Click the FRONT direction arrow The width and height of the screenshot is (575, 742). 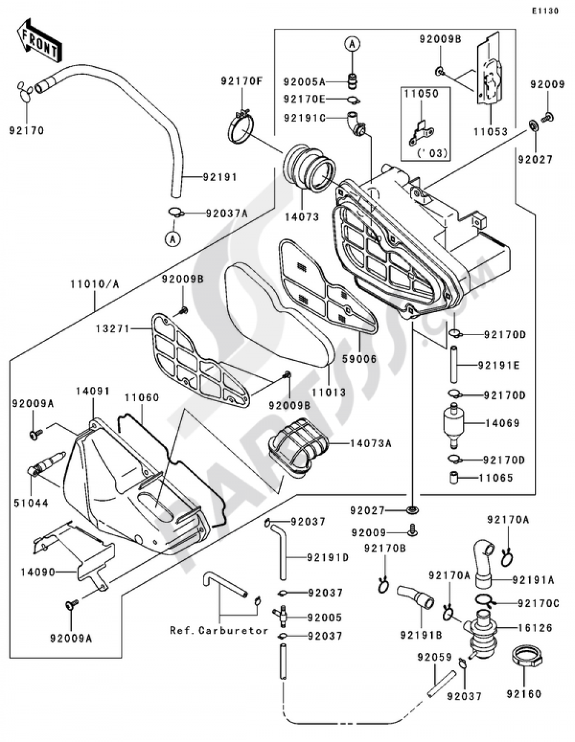pyautogui.click(x=39, y=40)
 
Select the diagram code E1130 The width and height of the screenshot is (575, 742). pyautogui.click(x=545, y=11)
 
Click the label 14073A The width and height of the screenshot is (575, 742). pyautogui.click(x=370, y=444)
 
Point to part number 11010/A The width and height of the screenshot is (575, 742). pyautogui.click(x=94, y=284)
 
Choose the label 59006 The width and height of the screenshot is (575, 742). pyautogui.click(x=360, y=359)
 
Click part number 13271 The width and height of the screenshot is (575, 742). pyautogui.click(x=113, y=329)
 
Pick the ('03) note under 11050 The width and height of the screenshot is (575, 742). pyautogui.click(x=432, y=153)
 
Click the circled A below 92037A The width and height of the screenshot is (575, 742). pyautogui.click(x=172, y=240)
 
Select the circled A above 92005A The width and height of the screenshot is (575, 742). pyautogui.click(x=353, y=44)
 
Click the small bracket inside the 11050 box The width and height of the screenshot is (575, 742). pyautogui.click(x=421, y=133)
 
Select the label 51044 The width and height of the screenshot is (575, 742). pyautogui.click(x=31, y=503)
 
